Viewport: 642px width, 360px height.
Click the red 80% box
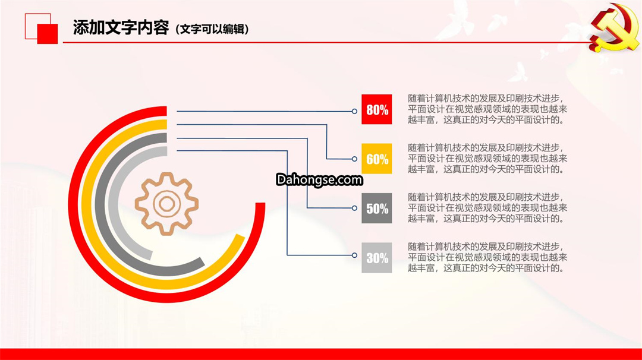click(377, 109)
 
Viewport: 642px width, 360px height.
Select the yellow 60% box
click(377, 159)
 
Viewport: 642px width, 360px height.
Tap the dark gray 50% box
click(377, 209)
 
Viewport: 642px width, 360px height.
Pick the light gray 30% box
click(377, 258)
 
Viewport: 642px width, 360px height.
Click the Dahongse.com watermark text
click(319, 179)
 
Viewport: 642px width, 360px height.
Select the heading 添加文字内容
click(121, 27)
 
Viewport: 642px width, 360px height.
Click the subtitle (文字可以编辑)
click(212, 29)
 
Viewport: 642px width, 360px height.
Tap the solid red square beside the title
click(48, 33)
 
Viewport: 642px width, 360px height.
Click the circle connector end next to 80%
click(354, 111)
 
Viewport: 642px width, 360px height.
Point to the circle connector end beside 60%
click(354, 159)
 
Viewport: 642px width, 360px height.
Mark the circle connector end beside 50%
click(354, 208)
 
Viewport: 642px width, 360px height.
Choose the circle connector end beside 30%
click(354, 255)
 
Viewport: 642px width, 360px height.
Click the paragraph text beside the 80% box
click(487, 109)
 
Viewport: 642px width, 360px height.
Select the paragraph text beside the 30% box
click(487, 257)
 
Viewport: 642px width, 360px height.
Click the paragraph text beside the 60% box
click(487, 159)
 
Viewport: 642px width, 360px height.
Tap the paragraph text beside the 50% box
click(487, 208)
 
